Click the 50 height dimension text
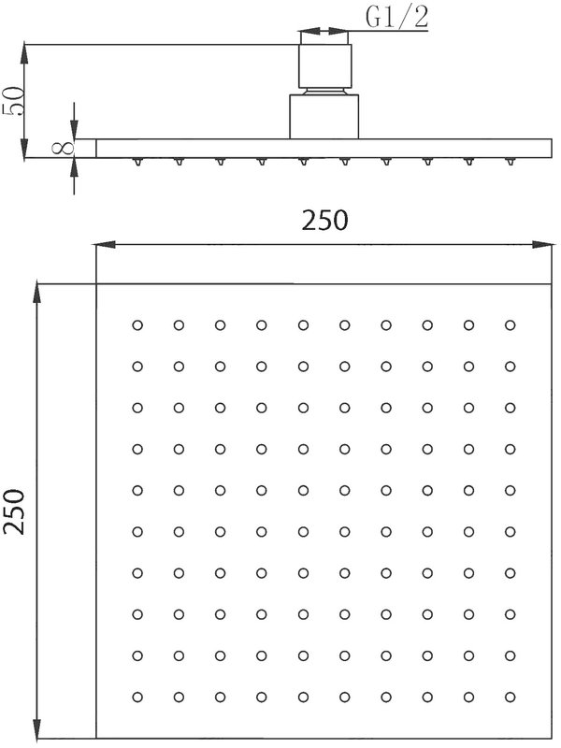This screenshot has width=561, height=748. pyautogui.click(x=12, y=101)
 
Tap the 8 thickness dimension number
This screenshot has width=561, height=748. pyautogui.click(x=64, y=148)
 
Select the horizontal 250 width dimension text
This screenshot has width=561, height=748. pyautogui.click(x=324, y=220)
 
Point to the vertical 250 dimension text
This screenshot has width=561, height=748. pyautogui.click(x=13, y=511)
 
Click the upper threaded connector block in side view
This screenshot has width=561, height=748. pyautogui.click(x=324, y=66)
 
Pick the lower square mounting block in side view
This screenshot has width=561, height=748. pyautogui.click(x=324, y=116)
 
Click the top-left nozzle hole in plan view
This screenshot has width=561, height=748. pyautogui.click(x=137, y=325)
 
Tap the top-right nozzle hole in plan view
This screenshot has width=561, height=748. pyautogui.click(x=510, y=325)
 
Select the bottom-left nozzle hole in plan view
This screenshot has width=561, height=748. pyautogui.click(x=137, y=697)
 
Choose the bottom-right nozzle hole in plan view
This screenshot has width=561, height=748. pyautogui.click(x=510, y=697)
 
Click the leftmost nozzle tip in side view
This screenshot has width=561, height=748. pyautogui.click(x=137, y=162)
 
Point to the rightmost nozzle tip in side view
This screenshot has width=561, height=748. pyautogui.click(x=511, y=162)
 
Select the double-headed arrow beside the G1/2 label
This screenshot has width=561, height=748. pyautogui.click(x=324, y=31)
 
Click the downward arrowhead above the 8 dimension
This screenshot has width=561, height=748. pyautogui.click(x=74, y=129)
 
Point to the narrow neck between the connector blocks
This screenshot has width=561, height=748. pyautogui.click(x=324, y=91)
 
